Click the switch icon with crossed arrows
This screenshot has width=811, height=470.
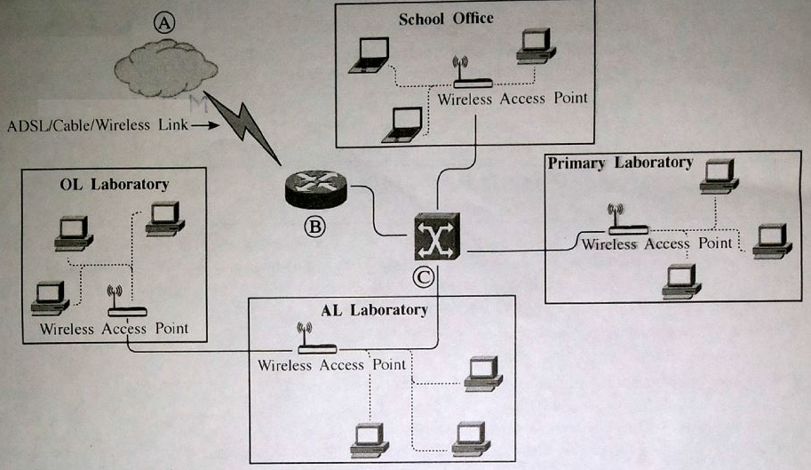pos(437,236)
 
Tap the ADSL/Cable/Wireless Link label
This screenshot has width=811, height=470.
pos(97,124)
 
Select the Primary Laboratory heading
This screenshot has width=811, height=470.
pos(620,163)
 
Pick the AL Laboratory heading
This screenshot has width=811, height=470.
pos(374,310)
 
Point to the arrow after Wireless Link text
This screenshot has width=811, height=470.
pos(203,125)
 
